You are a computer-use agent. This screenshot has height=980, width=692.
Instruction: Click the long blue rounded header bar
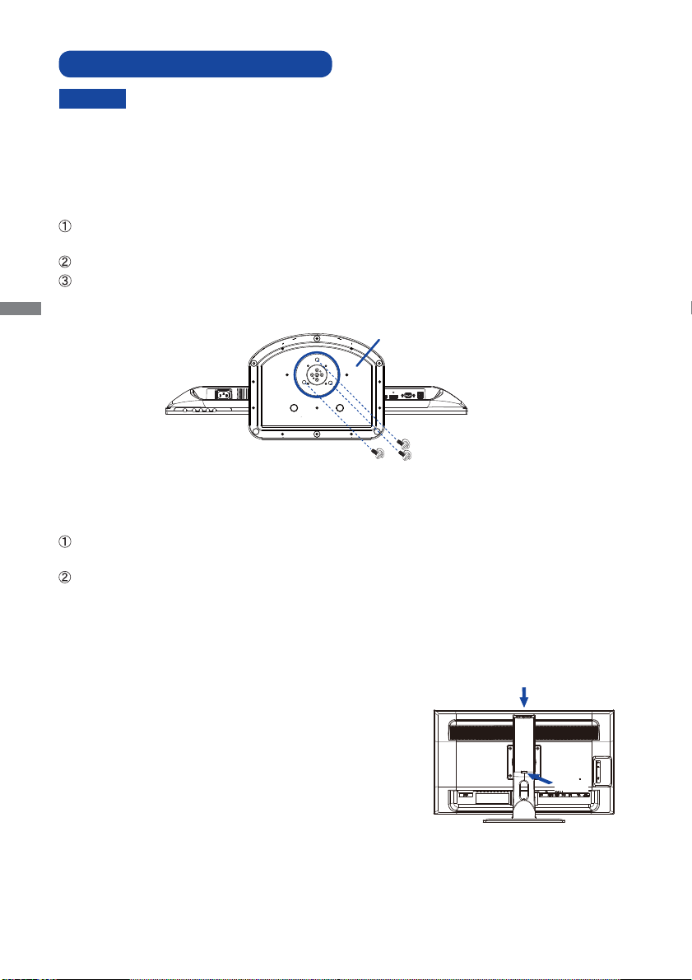[x=195, y=63]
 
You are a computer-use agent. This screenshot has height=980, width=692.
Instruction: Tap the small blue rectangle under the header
[x=92, y=99]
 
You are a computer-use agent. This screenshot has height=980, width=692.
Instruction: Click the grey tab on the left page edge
[x=21, y=309]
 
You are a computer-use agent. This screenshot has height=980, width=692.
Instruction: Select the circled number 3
[x=64, y=281]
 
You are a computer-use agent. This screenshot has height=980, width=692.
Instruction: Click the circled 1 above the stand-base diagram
[x=64, y=226]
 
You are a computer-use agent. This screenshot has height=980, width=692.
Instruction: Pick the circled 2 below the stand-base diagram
[x=64, y=578]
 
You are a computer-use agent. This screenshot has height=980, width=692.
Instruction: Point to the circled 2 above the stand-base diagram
[x=64, y=262]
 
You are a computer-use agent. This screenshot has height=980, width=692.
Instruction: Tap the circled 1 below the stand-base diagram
[x=64, y=542]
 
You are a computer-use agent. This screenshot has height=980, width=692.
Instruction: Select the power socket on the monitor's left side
[x=223, y=394]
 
